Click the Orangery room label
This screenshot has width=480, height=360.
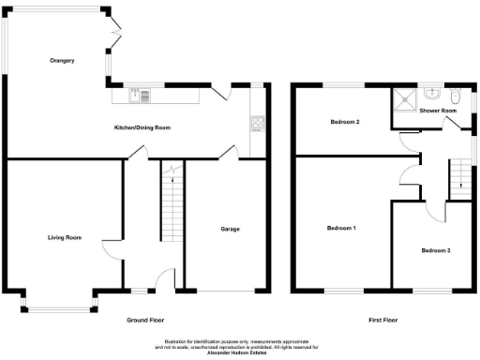click(x=62, y=61)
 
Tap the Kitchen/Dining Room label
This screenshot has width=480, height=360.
click(x=142, y=127)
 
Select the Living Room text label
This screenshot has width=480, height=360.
click(x=65, y=237)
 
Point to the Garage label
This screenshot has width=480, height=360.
click(x=229, y=229)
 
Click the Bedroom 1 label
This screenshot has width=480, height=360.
click(x=341, y=228)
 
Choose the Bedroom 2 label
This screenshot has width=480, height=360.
click(x=345, y=122)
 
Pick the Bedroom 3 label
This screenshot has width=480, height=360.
click(x=435, y=250)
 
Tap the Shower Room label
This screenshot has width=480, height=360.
click(x=438, y=111)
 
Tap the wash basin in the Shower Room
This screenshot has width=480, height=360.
click(x=432, y=94)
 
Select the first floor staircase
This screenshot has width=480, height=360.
click(x=458, y=178)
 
